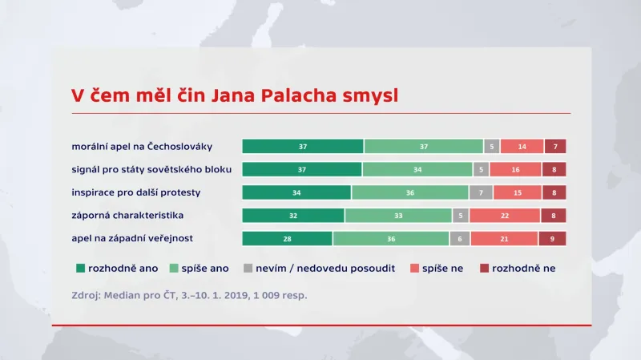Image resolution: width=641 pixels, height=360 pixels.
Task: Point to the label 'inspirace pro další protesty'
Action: tap(136, 192)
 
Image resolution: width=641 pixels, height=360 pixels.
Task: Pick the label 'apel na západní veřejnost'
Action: tap(132, 239)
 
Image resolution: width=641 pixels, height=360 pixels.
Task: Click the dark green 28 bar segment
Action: tap(287, 239)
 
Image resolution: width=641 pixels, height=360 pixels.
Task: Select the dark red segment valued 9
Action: tap(553, 239)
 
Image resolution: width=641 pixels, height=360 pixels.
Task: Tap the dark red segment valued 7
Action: tap(556, 147)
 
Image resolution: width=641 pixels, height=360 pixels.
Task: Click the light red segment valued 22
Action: tap(504, 216)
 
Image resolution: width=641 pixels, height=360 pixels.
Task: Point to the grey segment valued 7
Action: tap(481, 192)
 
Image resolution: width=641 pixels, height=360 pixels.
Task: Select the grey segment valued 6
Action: tap(459, 239)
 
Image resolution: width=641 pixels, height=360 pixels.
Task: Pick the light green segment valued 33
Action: tap(398, 216)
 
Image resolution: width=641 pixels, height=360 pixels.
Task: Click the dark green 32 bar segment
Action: tap(293, 216)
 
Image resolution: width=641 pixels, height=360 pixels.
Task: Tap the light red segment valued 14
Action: tap(522, 147)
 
